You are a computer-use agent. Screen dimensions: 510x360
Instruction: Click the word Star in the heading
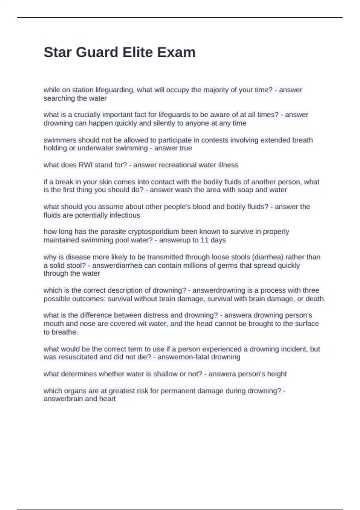(x=58, y=52)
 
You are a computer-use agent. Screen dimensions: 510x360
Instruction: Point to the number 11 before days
(x=204, y=240)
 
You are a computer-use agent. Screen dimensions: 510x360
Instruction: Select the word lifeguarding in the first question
(x=115, y=90)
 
